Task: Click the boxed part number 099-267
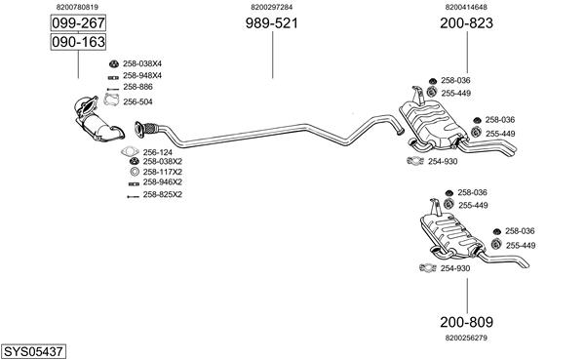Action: (x=78, y=23)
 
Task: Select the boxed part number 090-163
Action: (x=78, y=42)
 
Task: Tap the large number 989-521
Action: (x=272, y=23)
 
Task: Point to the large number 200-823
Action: (x=466, y=23)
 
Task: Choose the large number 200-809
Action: (x=466, y=322)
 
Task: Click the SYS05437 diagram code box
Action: (x=33, y=351)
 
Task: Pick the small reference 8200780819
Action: (x=77, y=7)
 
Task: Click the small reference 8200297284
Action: (x=272, y=7)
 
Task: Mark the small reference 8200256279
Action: (x=466, y=338)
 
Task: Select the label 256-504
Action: (x=137, y=101)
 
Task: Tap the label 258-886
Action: (x=137, y=87)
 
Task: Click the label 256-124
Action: (x=157, y=152)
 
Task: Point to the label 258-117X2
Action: (x=162, y=172)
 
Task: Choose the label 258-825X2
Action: (x=162, y=194)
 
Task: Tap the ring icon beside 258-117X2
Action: (x=135, y=172)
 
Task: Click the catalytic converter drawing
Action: (x=98, y=119)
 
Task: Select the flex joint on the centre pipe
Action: (x=150, y=128)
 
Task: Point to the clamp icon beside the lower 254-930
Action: (x=428, y=268)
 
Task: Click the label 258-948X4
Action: (x=142, y=76)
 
